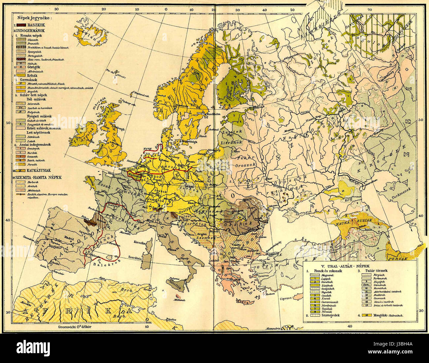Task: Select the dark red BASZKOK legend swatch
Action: click(x=21, y=25)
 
